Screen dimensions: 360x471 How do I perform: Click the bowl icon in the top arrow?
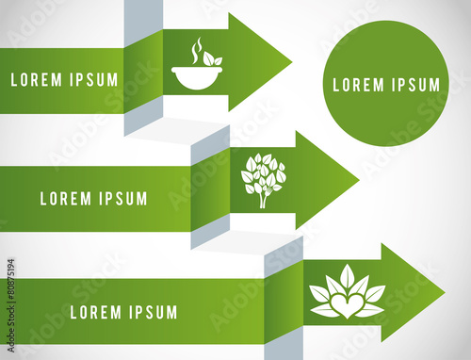pos(196,75)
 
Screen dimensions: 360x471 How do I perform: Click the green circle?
pos(386,84)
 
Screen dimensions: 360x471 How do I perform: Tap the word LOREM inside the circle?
pos(357,85)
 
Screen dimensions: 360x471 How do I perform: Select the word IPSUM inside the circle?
pos(414,85)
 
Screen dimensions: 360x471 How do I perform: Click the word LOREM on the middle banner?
pos(65,199)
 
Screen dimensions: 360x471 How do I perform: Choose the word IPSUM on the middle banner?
pos(121,199)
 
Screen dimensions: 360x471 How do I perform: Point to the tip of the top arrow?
pos(289,62)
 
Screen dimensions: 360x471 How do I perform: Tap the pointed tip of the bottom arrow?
pos(443,292)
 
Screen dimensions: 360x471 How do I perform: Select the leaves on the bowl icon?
pos(211,59)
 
